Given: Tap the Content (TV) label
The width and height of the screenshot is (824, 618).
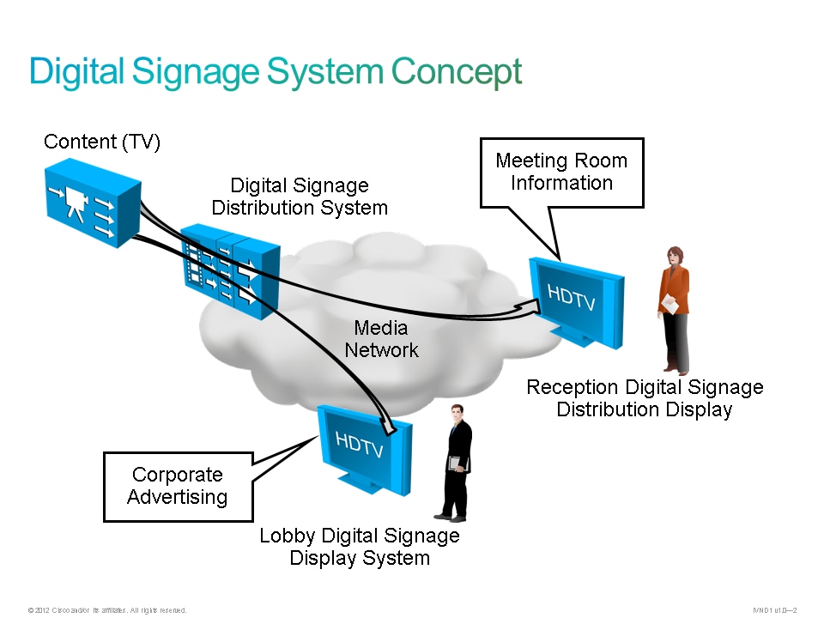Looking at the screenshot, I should click(102, 142).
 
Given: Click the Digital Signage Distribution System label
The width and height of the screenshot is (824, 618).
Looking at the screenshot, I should click(300, 197).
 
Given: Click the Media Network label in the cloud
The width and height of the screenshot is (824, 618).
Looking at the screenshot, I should click(381, 339).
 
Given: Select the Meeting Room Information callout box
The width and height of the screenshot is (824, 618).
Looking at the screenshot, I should click(561, 172).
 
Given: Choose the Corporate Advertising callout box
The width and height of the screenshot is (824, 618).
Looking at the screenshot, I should click(178, 486).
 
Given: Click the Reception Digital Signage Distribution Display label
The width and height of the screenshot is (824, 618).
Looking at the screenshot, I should click(645, 398).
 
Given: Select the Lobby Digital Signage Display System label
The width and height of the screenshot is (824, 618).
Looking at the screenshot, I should click(360, 547).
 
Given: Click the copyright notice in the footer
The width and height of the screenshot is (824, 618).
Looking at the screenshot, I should click(107, 610).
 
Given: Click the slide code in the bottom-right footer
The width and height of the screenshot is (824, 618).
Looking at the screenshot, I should click(775, 610).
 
